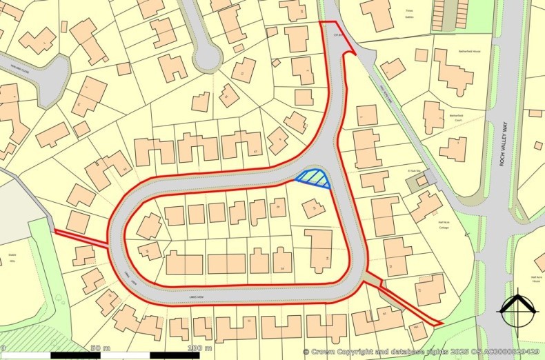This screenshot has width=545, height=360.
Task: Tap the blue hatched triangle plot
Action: [x=315, y=179]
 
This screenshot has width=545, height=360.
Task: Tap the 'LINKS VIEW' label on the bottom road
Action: [x=199, y=297]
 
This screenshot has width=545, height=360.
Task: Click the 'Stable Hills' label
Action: [x=12, y=254]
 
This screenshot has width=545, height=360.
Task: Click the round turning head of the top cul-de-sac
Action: [x=206, y=59]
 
